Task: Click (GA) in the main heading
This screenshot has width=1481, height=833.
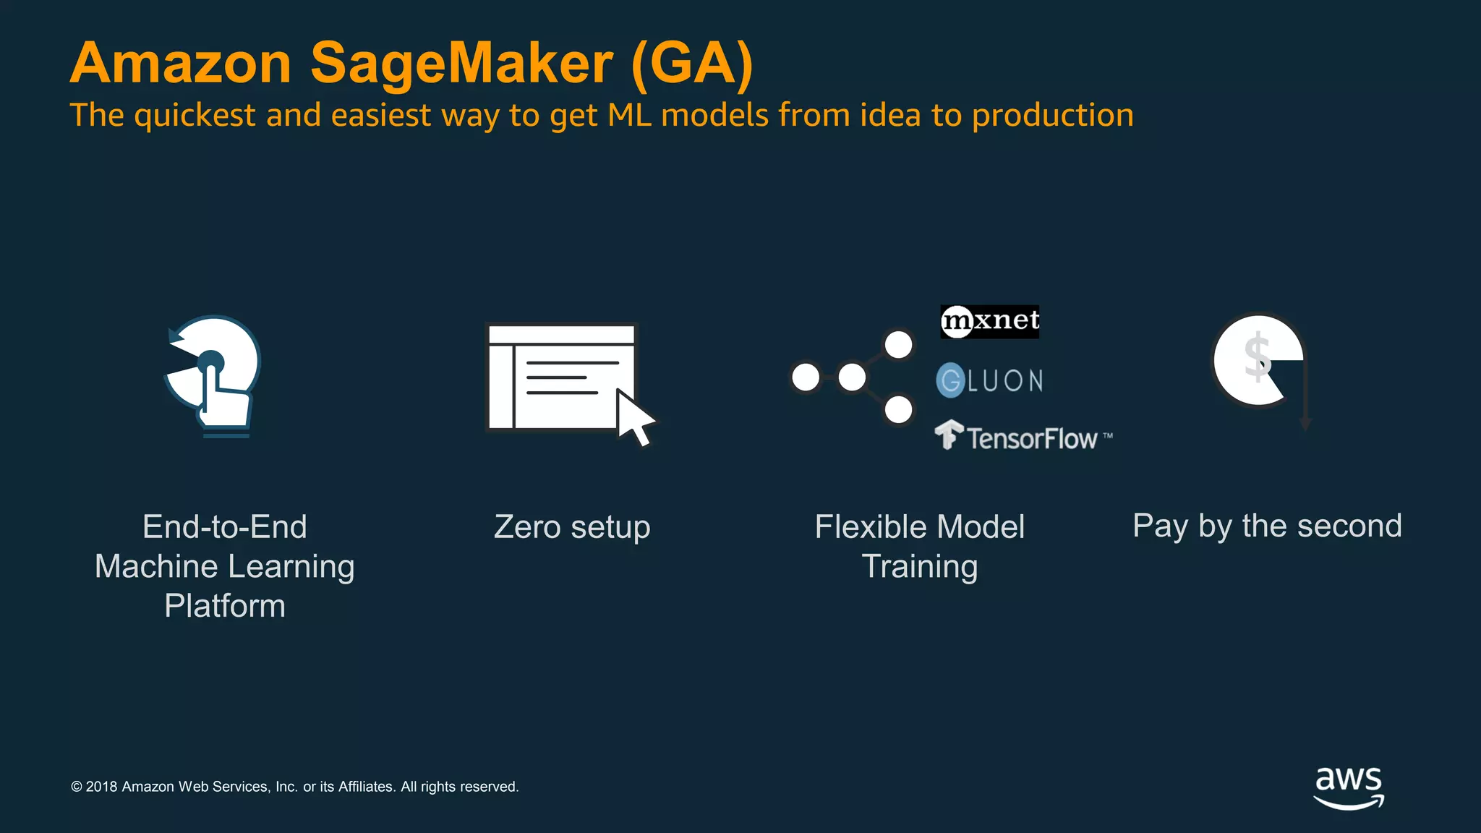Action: tap(692, 64)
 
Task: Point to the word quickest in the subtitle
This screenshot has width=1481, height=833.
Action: tap(195, 116)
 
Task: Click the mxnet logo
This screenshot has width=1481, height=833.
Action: tap(989, 321)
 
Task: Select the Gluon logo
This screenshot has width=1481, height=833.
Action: tap(989, 380)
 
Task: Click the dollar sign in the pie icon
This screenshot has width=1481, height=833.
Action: tap(1257, 357)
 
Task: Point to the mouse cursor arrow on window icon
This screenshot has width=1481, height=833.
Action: tap(633, 418)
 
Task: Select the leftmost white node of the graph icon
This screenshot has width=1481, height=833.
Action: tap(806, 377)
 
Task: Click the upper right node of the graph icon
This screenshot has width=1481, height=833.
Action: tap(899, 345)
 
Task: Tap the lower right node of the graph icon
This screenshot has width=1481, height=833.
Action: tap(899, 410)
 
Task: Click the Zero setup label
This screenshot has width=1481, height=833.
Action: tap(572, 527)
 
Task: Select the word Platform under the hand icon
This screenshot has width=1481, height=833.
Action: tap(225, 606)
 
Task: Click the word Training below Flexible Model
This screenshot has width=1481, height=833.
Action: tap(920, 567)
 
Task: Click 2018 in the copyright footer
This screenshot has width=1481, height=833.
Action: tap(101, 787)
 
